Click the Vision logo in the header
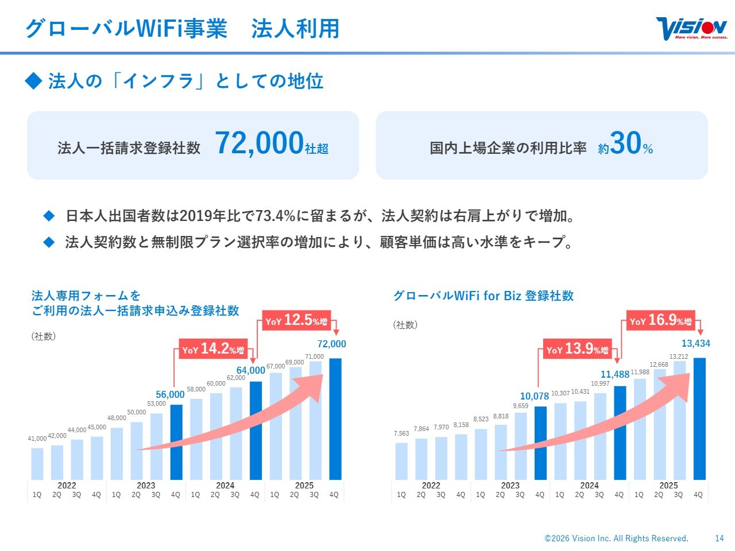click(691, 29)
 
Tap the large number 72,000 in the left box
click(259, 143)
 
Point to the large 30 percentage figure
click(625, 143)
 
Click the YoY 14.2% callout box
click(213, 349)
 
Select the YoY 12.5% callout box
click(296, 320)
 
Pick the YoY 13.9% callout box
click(577, 349)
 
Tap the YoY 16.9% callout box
click(660, 320)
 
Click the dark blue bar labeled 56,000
click(176, 442)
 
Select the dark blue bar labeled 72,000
click(335, 419)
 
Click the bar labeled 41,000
click(37, 464)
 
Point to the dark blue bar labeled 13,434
click(699, 419)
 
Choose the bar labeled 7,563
click(401, 461)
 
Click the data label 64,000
click(251, 370)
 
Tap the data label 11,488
click(615, 375)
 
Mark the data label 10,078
click(535, 396)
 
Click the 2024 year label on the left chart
click(225, 485)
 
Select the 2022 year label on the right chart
click(431, 485)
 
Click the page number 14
click(719, 538)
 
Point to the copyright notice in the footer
click(616, 538)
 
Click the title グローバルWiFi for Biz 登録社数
click(483, 296)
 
